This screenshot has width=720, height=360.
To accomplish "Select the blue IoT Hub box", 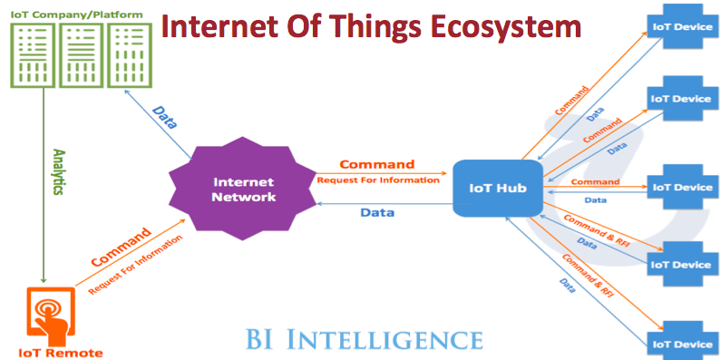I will coord(497,189).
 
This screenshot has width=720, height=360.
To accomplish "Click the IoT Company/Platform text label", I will coord(68,14).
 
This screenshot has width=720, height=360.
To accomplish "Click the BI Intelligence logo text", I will coord(363,339).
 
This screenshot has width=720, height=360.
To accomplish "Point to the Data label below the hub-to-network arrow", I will coord(376,212).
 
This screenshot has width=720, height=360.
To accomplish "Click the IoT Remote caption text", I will coord(60,352).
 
